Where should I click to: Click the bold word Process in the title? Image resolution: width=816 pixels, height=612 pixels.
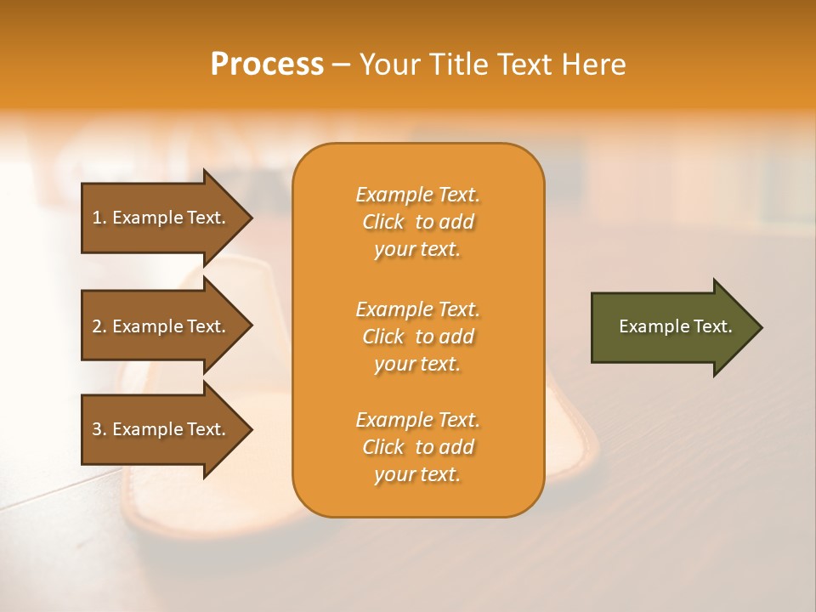267,64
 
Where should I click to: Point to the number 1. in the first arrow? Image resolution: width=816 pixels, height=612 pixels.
99,218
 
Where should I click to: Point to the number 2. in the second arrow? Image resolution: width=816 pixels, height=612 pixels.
99,326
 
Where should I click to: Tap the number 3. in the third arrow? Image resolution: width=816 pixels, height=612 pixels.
99,429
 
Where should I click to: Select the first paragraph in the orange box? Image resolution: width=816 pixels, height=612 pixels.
417,222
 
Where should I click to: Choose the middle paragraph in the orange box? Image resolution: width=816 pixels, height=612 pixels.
417,337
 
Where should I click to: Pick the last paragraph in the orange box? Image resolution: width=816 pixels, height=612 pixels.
417,447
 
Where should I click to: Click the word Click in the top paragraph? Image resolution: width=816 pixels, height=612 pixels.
383,222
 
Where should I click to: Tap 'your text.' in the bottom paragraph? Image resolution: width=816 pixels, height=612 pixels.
417,474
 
